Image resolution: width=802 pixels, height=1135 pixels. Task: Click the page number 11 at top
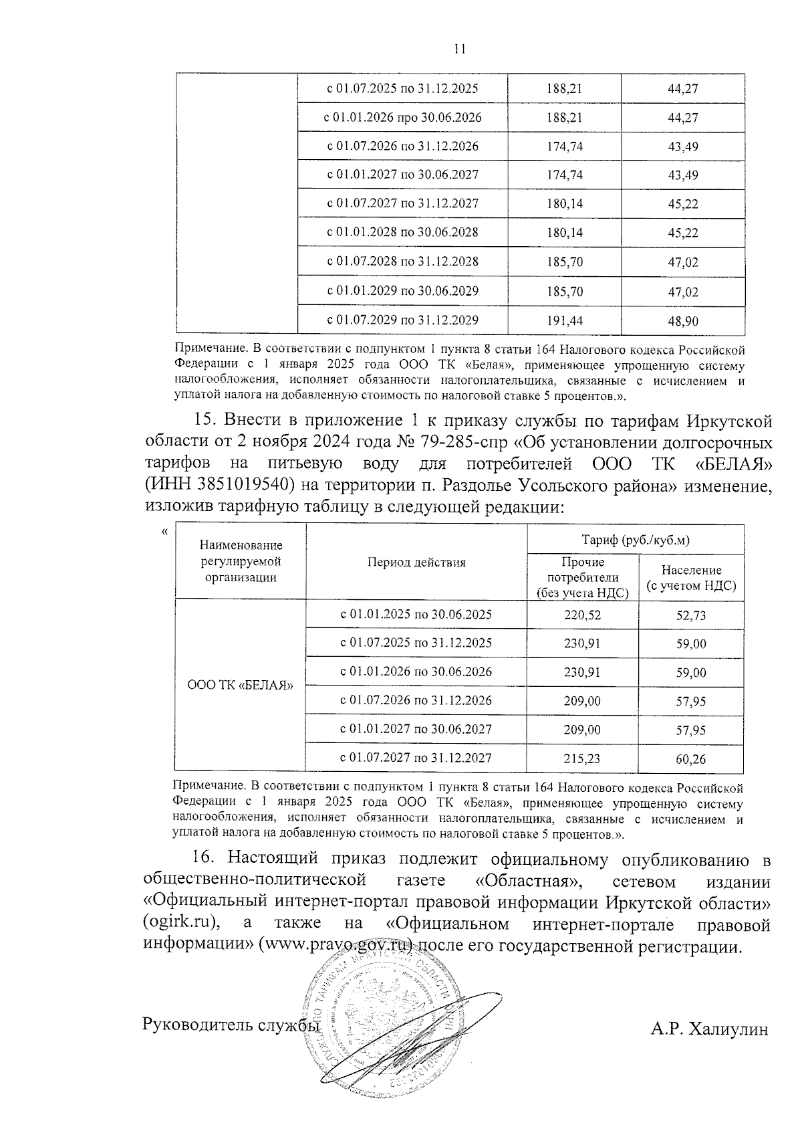(458, 49)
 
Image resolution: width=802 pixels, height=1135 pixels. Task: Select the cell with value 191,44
(565, 320)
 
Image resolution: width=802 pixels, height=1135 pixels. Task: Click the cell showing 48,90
(682, 321)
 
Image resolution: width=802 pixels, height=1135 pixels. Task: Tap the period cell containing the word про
(402, 118)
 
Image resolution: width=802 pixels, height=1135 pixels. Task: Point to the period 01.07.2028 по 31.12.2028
(402, 262)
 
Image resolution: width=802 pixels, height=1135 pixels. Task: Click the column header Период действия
(416, 562)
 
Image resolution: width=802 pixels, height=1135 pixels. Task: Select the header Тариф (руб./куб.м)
(635, 540)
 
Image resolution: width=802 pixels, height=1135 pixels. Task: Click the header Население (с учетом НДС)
(691, 578)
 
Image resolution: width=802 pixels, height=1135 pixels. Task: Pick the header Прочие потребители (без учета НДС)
(582, 577)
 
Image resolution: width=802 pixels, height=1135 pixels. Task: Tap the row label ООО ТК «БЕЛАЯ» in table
(241, 686)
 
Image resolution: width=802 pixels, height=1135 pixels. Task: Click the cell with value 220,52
(582, 615)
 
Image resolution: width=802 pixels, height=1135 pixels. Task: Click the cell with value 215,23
(582, 758)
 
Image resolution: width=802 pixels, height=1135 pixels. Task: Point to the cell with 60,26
(691, 759)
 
